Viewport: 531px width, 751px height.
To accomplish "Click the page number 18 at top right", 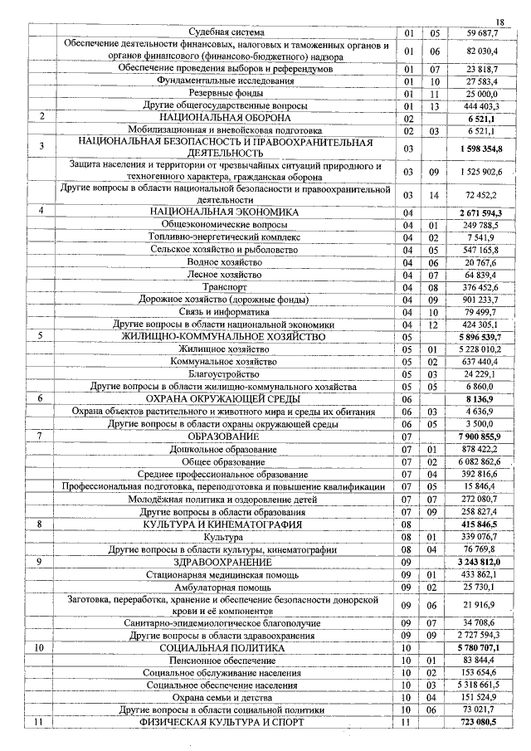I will pyautogui.click(x=499, y=21).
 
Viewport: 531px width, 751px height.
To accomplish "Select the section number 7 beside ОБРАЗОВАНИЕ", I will pyautogui.click(x=40, y=436).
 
